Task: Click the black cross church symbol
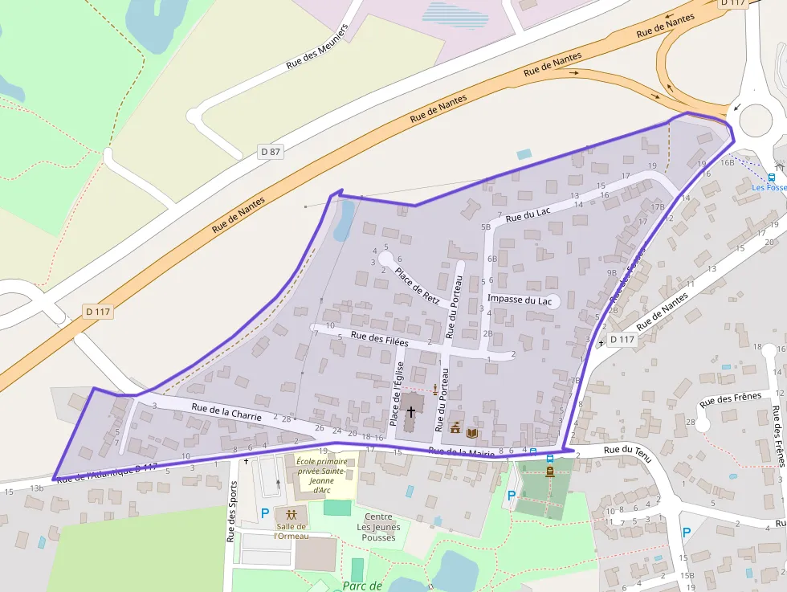coord(411,411)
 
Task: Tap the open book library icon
coord(472,433)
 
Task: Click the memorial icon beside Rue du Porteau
coord(435,390)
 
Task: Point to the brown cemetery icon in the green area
coord(549,472)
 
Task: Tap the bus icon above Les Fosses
coord(772,178)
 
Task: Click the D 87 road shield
coord(270,151)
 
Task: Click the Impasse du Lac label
coord(520,300)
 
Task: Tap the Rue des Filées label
coord(379,340)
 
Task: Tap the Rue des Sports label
coord(232,511)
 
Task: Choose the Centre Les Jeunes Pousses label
coord(378,527)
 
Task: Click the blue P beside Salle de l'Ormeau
coord(264,512)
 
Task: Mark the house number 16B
coord(728,162)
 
